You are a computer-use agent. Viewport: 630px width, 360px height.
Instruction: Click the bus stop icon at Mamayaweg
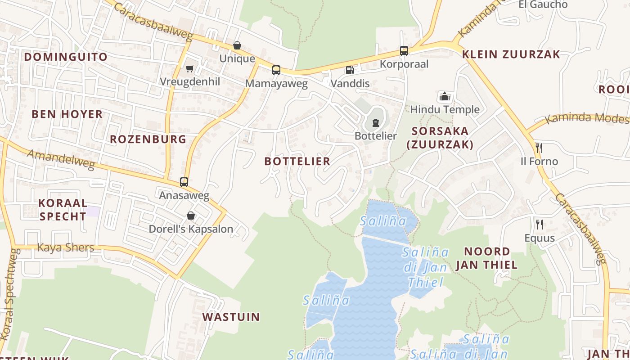point(276,70)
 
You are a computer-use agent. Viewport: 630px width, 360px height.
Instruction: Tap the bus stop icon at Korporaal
point(404,51)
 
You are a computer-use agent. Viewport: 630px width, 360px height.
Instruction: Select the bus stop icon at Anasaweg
point(184,182)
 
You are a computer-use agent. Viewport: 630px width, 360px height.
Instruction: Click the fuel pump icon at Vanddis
point(350,70)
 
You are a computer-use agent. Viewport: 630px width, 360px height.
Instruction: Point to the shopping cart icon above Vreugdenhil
point(190,68)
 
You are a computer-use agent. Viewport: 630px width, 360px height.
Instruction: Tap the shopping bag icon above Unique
point(237,45)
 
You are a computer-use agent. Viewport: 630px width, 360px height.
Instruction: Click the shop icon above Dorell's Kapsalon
point(191,216)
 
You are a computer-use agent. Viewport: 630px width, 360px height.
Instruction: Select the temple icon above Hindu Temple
point(445,96)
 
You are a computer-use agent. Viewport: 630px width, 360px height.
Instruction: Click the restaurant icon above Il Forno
point(539,148)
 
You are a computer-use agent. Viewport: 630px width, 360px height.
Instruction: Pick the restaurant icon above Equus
point(539,224)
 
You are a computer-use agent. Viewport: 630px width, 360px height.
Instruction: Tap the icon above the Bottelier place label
point(375,122)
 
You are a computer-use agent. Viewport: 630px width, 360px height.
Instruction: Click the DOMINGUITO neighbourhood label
point(66,57)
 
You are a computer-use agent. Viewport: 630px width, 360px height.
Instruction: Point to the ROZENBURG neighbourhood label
point(148,139)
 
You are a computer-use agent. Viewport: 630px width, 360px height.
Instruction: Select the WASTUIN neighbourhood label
point(231,317)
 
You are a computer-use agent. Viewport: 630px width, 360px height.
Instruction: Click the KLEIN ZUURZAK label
point(511,54)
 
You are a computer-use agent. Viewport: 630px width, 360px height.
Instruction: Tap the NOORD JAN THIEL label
point(487,258)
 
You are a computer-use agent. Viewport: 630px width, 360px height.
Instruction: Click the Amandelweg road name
point(61,160)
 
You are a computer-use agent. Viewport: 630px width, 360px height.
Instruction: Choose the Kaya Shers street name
point(66,247)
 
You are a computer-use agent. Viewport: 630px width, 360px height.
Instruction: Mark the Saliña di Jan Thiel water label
point(425,267)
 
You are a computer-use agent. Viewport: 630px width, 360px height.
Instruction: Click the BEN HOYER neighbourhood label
point(67,114)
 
